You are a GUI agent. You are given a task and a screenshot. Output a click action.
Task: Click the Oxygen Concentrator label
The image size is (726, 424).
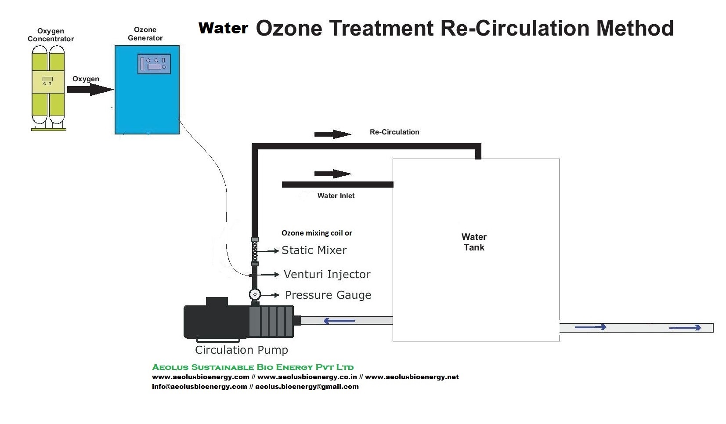tap(51, 35)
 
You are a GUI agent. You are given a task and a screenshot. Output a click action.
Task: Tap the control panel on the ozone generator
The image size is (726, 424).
tap(154, 64)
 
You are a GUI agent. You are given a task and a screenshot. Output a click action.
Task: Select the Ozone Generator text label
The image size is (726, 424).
tap(145, 34)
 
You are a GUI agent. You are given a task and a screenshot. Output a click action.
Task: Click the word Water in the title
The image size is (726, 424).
tap(223, 28)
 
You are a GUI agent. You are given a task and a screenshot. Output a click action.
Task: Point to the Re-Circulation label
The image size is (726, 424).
tap(394, 132)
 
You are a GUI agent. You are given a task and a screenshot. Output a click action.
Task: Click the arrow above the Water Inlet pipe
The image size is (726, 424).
tap(332, 174)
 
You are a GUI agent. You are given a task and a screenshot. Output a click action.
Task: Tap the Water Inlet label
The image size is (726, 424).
tap(336, 196)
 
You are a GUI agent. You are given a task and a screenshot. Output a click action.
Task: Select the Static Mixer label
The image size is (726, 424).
tap(314, 250)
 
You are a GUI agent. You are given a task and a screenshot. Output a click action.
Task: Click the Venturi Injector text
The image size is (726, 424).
tap(327, 274)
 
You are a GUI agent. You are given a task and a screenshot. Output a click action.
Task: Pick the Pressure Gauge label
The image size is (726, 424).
tap(328, 295)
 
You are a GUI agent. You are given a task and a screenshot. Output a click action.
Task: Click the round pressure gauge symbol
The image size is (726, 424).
tap(255, 294)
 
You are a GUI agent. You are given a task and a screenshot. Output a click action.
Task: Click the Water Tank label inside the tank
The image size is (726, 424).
tap(473, 242)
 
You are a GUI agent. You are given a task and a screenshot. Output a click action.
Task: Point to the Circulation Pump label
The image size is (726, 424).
tap(241, 350)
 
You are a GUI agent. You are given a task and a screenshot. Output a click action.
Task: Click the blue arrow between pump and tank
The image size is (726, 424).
tap(339, 321)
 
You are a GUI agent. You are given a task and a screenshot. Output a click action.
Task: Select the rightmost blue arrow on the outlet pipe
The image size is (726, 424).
tap(685, 328)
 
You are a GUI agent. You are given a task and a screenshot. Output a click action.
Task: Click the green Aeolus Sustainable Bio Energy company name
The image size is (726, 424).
tap(253, 367)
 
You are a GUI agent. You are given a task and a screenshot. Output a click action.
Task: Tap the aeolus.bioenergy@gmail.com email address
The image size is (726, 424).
tap(307, 387)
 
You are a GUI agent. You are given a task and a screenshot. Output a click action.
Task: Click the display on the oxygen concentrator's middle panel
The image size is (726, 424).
tap(47, 79)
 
